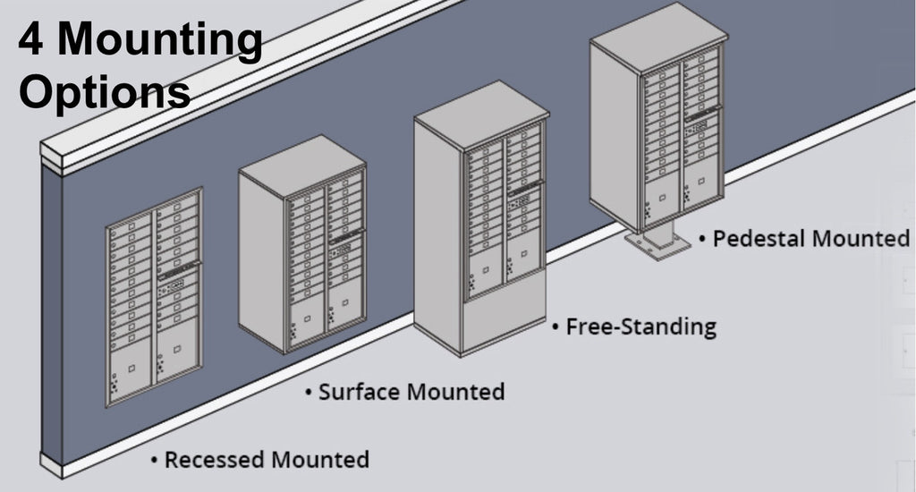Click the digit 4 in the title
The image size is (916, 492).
click(x=30, y=38)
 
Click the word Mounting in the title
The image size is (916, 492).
click(x=160, y=41)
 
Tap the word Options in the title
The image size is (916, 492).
click(x=105, y=92)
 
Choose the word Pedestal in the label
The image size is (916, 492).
click(x=759, y=239)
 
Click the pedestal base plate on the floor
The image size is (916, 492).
click(x=657, y=244)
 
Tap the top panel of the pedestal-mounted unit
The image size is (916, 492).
click(x=659, y=36)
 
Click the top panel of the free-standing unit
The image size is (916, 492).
click(x=482, y=115)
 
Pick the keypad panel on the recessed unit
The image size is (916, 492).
click(x=174, y=285)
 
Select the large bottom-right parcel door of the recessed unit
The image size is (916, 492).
click(x=176, y=351)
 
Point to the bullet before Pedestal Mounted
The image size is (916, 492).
click(x=702, y=239)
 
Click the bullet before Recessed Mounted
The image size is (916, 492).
click(x=154, y=460)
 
